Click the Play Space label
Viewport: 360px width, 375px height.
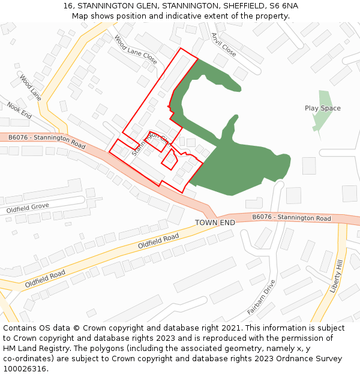click(322, 108)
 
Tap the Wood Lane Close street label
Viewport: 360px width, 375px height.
click(135, 50)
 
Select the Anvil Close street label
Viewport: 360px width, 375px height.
click(223, 44)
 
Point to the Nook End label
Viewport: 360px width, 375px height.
click(19, 110)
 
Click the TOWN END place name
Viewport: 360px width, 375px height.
click(215, 223)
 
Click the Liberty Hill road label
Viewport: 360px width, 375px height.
click(336, 276)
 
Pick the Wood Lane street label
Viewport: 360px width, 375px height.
click(30, 87)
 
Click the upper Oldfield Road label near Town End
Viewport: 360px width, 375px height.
click(158, 241)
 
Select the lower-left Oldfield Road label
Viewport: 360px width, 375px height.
click(45, 279)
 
